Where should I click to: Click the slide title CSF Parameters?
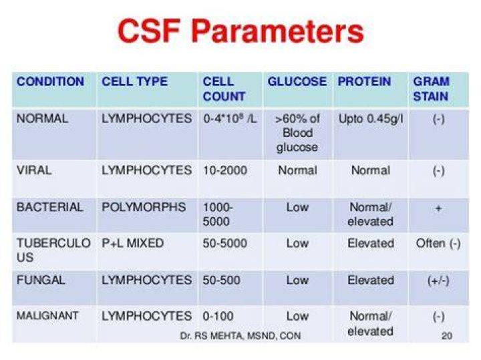tap(240, 31)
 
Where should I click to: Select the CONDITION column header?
tap(50, 81)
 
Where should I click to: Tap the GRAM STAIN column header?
tap(431, 89)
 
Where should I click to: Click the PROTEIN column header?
tap(364, 81)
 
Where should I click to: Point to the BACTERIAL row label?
tap(49, 207)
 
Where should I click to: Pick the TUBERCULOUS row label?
tap(53, 250)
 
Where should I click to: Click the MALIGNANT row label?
tap(47, 315)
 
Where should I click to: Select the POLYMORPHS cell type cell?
tap(144, 207)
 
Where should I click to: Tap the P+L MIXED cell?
tap(132, 243)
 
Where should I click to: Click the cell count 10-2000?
tap(225, 170)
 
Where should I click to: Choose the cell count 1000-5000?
tap(218, 214)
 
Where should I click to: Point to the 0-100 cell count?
tap(218, 316)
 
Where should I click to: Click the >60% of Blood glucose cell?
tap(297, 133)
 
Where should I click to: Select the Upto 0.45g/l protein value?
tap(371, 119)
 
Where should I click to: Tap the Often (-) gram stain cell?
tap(438, 244)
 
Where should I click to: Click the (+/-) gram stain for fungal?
tap(438, 281)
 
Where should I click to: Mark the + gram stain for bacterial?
tap(438, 208)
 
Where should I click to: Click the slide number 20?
tap(447, 335)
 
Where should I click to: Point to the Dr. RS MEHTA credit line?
tap(240, 336)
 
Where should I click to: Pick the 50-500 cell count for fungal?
tap(222, 280)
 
